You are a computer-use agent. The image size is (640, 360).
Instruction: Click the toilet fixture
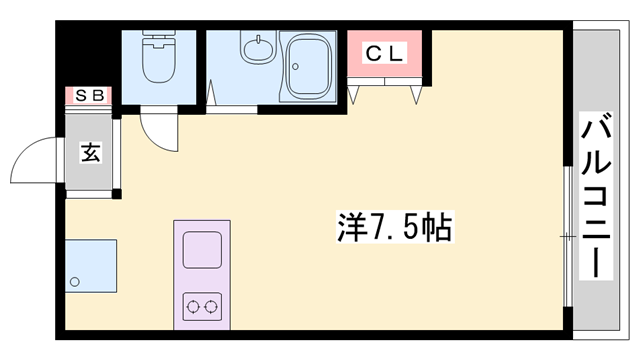[x=158, y=60]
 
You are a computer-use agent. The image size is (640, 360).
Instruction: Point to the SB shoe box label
[x=89, y=96]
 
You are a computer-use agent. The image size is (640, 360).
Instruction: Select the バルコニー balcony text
[x=597, y=197]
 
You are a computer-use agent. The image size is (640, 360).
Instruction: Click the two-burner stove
[x=202, y=304]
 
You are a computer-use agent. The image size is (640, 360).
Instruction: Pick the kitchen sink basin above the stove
[x=202, y=248]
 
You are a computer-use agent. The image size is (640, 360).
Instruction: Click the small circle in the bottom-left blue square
[x=75, y=283]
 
